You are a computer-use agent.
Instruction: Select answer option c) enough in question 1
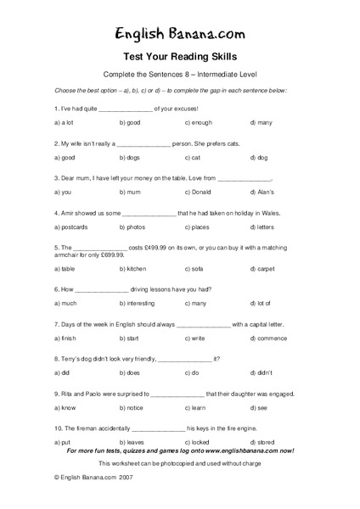point(198,122)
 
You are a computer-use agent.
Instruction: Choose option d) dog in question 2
point(259,158)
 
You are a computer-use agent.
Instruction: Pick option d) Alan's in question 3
point(262,193)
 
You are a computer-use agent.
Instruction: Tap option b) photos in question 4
point(132,227)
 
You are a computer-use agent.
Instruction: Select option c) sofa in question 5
point(194,269)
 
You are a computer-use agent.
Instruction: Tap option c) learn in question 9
point(195,408)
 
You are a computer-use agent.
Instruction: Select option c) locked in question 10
point(198,443)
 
